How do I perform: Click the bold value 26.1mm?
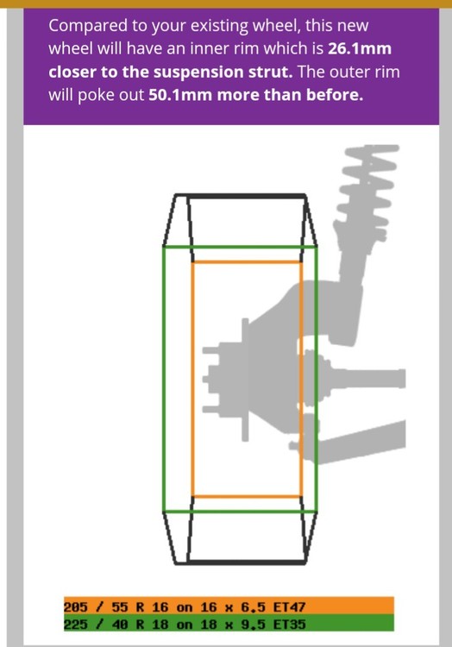click(x=360, y=48)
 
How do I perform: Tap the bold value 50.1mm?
click(x=179, y=95)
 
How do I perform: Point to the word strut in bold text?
click(x=274, y=72)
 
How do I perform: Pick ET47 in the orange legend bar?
click(x=289, y=607)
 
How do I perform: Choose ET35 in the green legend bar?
click(x=289, y=625)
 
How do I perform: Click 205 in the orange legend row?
click(x=75, y=607)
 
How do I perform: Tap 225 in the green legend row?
click(x=75, y=625)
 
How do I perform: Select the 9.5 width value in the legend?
click(x=253, y=625)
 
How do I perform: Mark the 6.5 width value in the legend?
click(x=253, y=607)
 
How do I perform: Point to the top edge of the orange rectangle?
click(x=247, y=261)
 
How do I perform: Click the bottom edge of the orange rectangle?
click(x=247, y=496)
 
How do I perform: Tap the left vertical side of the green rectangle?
click(x=164, y=379)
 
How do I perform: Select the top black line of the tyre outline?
click(x=240, y=196)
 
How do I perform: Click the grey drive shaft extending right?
click(x=363, y=379)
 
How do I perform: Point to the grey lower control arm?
click(x=355, y=442)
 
